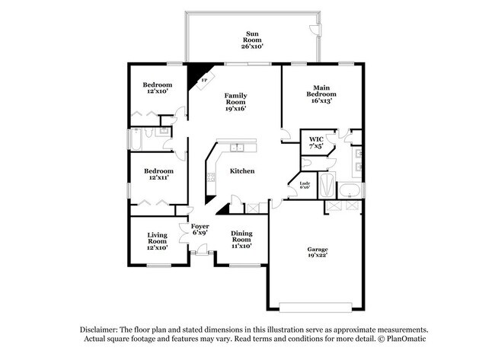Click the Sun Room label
tap(253, 39)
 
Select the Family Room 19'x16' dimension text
tap(235, 109)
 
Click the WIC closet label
tap(315, 142)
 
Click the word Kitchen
tap(242, 171)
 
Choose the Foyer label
tap(200, 229)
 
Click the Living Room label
tap(158, 241)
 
